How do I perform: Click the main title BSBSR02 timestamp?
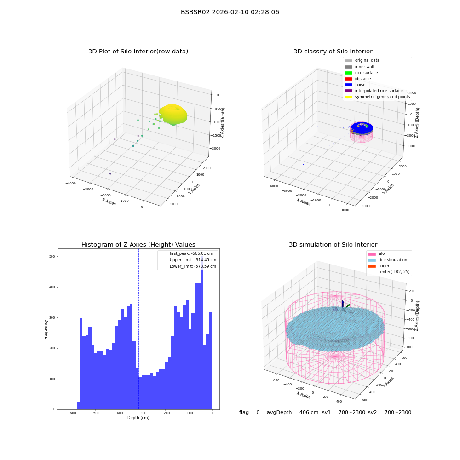point(230,12)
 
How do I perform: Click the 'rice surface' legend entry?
point(361,73)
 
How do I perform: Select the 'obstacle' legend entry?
point(357,79)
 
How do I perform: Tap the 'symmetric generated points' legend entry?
point(377,97)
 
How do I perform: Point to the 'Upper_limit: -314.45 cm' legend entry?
point(187,260)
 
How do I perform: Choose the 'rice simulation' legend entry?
point(387,260)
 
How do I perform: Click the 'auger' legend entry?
point(379,266)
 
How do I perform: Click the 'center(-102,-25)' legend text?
point(394,272)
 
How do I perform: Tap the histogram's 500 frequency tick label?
point(52,256)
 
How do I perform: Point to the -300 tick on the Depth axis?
point(142,413)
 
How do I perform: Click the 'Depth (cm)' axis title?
point(138,418)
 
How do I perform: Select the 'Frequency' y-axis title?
point(46,329)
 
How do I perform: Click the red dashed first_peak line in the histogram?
point(80,329)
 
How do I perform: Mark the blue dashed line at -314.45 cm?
point(139,329)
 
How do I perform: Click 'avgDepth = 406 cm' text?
point(293,412)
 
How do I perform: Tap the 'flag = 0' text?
point(249,412)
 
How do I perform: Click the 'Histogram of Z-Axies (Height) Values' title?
point(138,244)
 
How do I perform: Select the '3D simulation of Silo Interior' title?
point(333,244)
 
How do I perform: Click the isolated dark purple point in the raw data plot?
point(110,174)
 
